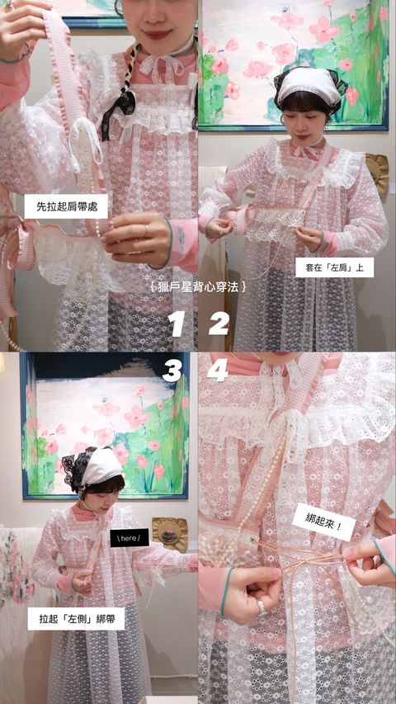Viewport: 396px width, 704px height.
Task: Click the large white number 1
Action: coord(177,324)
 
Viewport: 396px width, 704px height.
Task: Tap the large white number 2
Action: coord(219,324)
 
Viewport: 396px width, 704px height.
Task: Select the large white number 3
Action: coord(172,371)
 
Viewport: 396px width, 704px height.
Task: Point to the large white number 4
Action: coord(217,371)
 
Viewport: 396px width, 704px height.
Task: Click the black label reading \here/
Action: coord(130,537)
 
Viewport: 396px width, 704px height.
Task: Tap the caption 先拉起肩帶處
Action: coord(66,206)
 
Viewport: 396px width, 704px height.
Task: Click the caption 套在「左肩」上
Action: coord(334,267)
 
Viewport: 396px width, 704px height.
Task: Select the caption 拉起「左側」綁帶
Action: coord(77,619)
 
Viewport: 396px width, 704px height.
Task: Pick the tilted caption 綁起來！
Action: coord(323,522)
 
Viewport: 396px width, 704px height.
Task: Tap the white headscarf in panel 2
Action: coord(310,86)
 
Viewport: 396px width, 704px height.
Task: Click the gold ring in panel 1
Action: coord(145,231)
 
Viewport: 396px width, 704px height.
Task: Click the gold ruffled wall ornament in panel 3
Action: coord(170,534)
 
